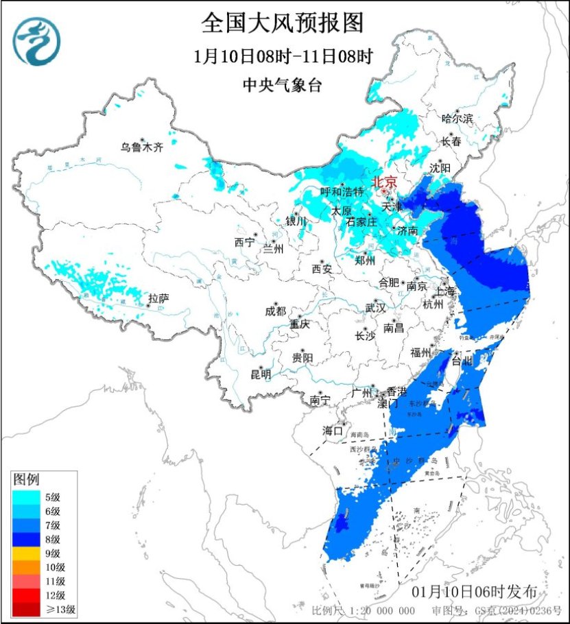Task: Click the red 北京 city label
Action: point(383,182)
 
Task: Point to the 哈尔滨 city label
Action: point(457,119)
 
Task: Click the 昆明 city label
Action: point(261,374)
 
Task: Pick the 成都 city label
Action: point(274,310)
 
